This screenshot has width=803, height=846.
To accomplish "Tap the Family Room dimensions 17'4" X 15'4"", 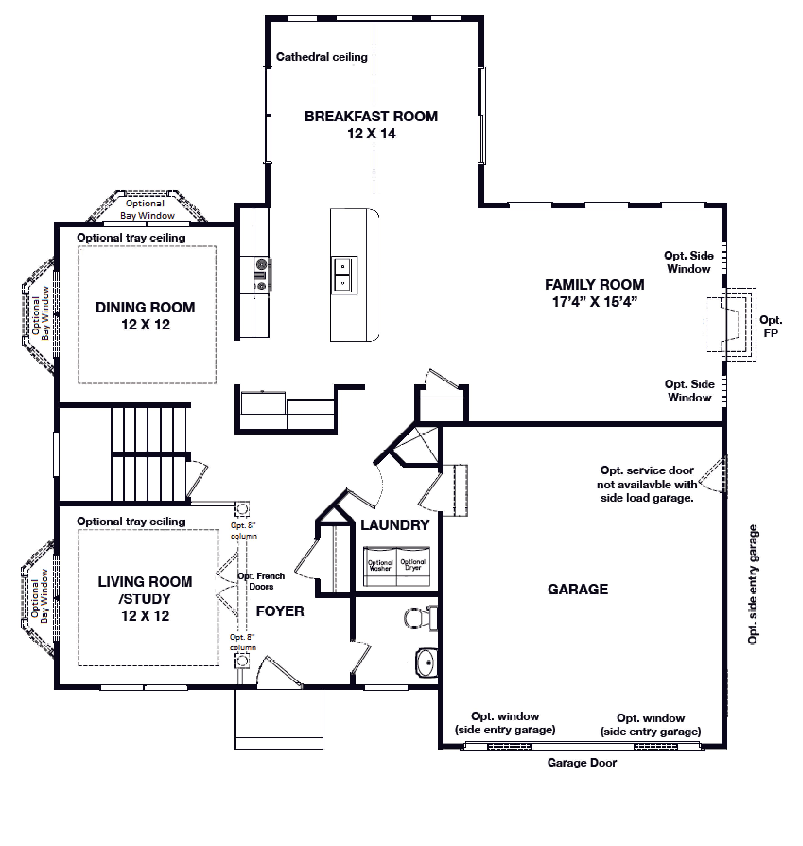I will point(595,302).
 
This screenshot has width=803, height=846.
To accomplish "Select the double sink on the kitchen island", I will point(344,275).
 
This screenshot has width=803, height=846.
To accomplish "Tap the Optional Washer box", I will point(380,566).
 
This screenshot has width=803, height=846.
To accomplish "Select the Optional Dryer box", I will point(413,565).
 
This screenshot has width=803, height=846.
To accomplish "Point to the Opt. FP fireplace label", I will point(771,326).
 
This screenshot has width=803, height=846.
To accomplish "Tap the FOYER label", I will point(280,611).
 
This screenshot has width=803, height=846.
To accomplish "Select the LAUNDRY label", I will point(395,525).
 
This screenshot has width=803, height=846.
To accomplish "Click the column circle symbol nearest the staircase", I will point(242,510).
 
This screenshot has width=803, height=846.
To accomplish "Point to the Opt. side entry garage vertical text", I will point(752,584).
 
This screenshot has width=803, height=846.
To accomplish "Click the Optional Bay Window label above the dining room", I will point(145,209).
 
